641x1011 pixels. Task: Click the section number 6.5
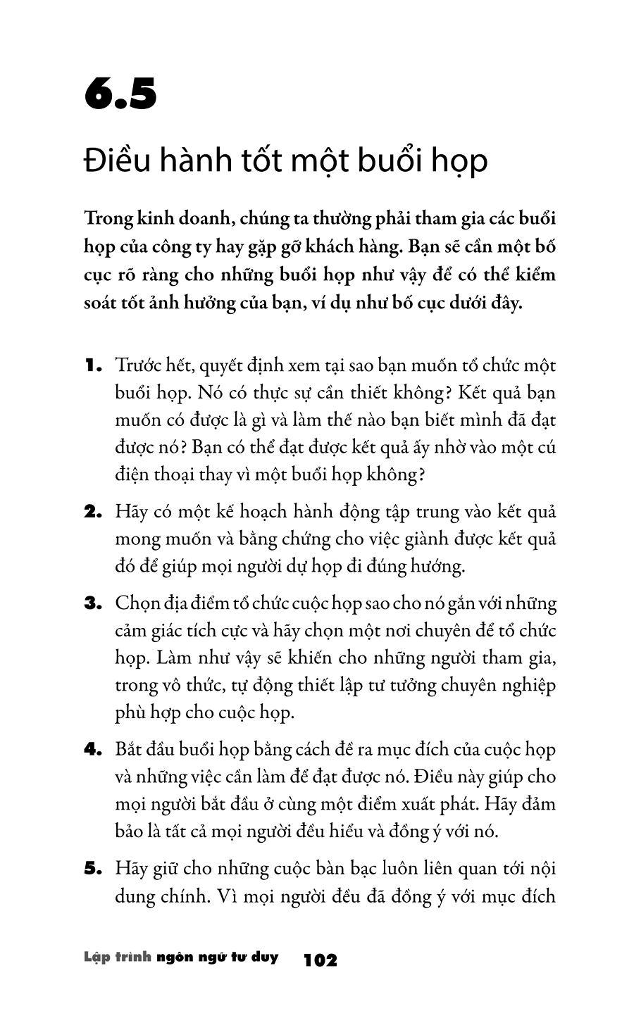120,96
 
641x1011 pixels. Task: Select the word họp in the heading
462,162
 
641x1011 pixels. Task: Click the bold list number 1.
94,365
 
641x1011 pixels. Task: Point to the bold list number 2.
94,512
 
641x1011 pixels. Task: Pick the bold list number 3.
94,603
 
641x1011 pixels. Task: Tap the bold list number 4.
94,749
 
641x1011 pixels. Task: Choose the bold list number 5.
94,869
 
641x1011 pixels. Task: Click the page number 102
320,960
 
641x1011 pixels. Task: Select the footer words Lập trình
117,957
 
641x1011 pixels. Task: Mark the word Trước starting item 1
139,366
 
